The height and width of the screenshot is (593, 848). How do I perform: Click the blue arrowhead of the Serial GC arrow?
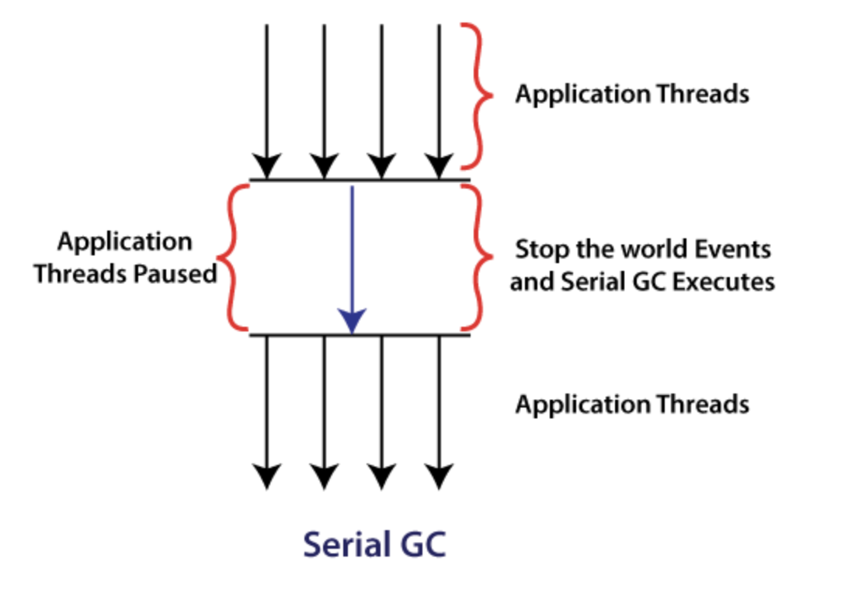pyautogui.click(x=352, y=320)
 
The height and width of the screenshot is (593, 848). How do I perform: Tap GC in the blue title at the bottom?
pyautogui.click(x=422, y=544)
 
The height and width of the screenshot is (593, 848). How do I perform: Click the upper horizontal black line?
pyautogui.click(x=359, y=181)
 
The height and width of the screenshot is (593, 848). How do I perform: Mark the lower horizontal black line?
pyautogui.click(x=359, y=335)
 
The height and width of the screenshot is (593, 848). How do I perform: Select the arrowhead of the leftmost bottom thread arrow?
pyautogui.click(x=267, y=476)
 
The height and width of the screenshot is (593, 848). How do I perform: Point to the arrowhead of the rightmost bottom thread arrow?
pyautogui.click(x=440, y=476)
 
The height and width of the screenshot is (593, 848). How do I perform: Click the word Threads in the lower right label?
pyautogui.click(x=703, y=404)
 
